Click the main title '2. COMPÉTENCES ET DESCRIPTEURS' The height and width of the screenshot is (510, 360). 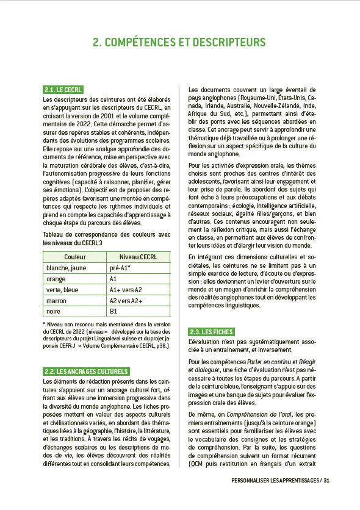point(179,42)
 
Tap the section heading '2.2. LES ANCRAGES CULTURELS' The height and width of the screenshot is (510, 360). point(85,371)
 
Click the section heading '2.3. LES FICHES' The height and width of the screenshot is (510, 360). point(211,331)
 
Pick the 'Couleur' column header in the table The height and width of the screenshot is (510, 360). point(74,257)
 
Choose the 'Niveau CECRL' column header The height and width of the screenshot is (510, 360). point(138,257)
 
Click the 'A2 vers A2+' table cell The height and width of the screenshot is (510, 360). point(126,301)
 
